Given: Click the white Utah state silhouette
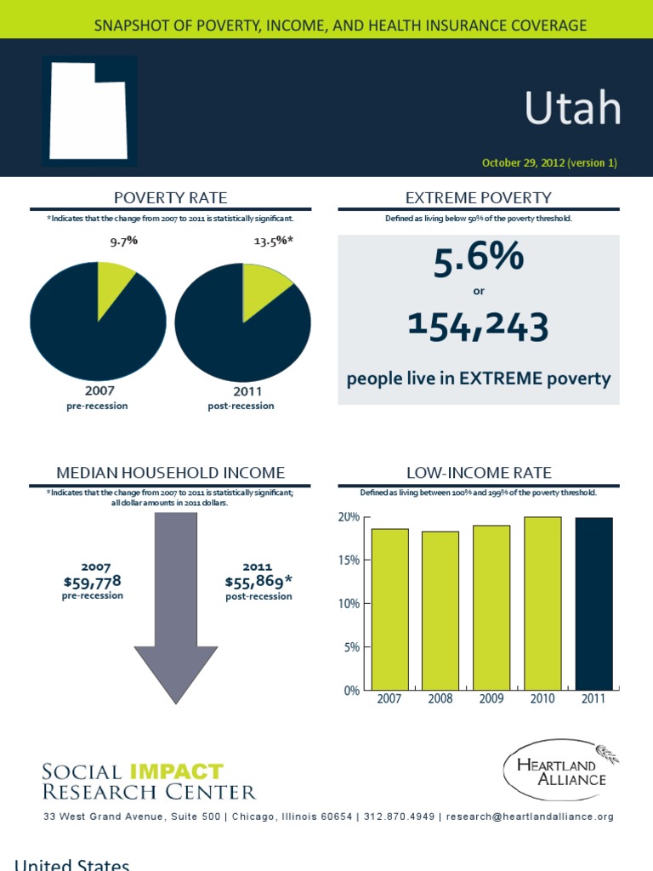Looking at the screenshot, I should [88, 111].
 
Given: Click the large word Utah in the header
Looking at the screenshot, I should [571, 109].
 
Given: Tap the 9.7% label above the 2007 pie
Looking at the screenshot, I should [123, 241].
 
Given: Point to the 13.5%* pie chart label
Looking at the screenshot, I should [274, 241].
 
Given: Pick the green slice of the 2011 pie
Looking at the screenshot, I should [263, 285].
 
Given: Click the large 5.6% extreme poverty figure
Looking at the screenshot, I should [479, 260].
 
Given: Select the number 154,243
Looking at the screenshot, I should [478, 326].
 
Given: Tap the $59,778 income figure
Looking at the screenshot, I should [93, 581].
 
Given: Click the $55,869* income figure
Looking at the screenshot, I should [258, 581].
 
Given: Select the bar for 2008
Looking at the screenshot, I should [440, 610].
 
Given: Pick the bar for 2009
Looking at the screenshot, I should [491, 607].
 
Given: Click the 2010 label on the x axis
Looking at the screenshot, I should [542, 699].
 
